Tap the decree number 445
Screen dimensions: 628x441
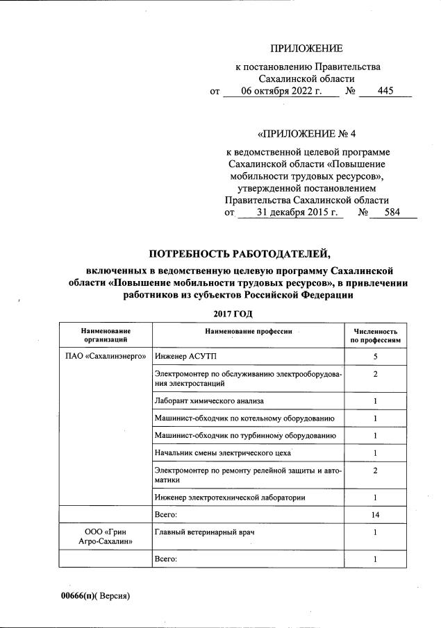[x=385, y=91]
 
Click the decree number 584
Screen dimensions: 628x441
[x=392, y=212]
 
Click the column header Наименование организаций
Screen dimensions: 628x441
[x=105, y=335]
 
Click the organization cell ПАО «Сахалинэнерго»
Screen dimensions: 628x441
[x=105, y=357]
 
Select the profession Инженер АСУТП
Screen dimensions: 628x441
[x=181, y=357]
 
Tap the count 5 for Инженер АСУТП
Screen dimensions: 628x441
[x=374, y=357]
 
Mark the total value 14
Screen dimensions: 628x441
[x=374, y=515]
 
